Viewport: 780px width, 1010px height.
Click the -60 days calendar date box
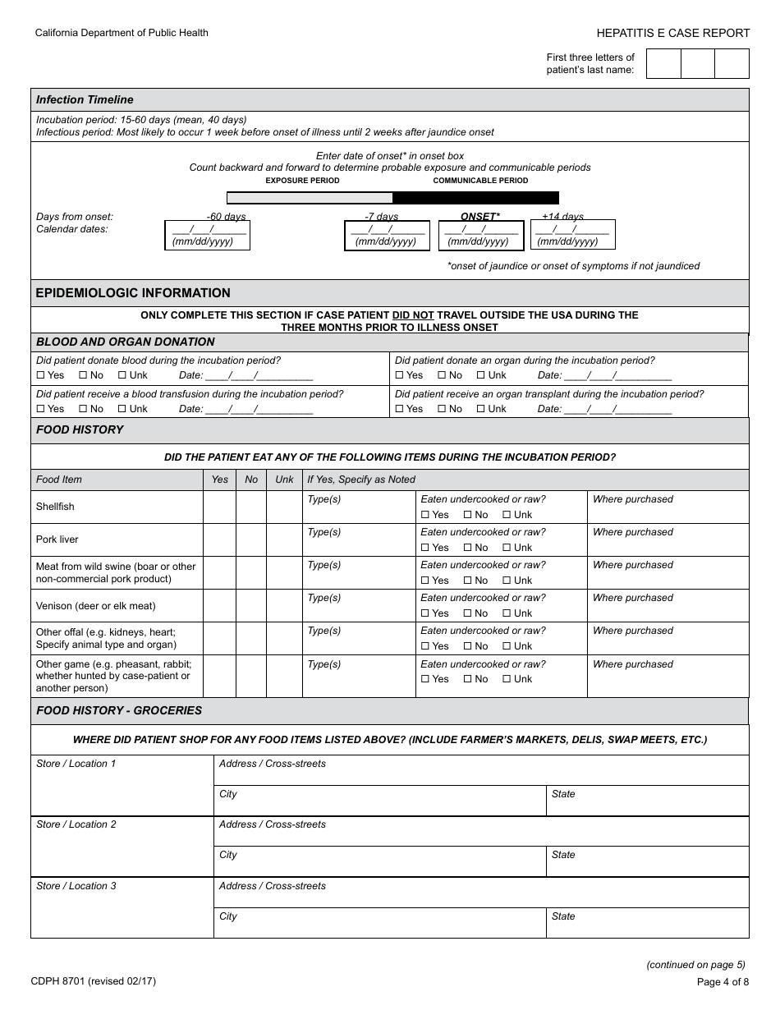(x=207, y=235)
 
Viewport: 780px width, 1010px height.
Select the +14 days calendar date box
(x=573, y=235)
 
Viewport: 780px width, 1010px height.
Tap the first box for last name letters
(x=663, y=64)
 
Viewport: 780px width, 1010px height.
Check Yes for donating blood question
(x=41, y=375)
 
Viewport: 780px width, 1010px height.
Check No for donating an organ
(x=441, y=375)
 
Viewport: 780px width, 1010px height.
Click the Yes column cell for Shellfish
(x=219, y=507)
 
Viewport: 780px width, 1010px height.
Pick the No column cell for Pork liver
(x=251, y=539)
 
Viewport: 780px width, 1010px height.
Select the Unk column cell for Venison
(x=284, y=605)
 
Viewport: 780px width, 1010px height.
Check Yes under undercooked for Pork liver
(x=425, y=548)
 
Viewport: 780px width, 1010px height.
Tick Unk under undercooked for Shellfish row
(x=507, y=515)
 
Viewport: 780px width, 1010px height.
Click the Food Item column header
(x=59, y=480)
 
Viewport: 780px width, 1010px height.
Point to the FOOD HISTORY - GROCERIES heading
(x=119, y=710)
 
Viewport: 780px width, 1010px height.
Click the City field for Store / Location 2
(x=380, y=861)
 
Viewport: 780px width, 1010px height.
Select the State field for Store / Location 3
(x=647, y=923)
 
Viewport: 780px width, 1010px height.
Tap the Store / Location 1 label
(x=76, y=764)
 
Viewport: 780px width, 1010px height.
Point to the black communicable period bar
(x=475, y=198)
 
